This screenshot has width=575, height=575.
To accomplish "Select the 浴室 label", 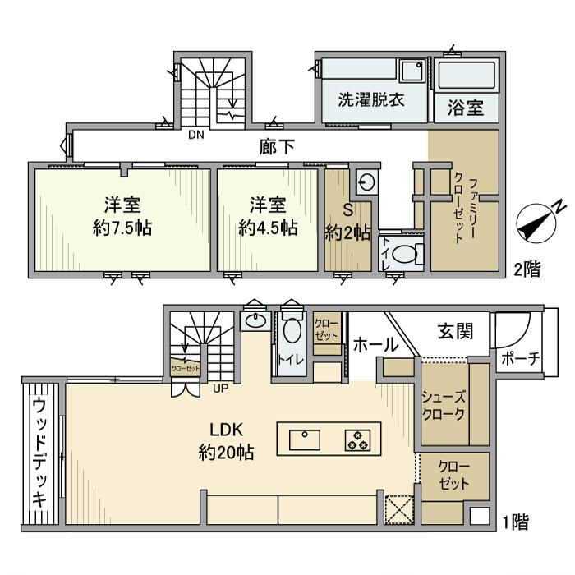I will coord(465,107).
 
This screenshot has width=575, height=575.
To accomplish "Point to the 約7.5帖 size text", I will coord(113,228).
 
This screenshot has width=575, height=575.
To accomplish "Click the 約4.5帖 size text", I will coord(268,228).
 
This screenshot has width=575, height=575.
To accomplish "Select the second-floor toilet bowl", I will coord(405,255).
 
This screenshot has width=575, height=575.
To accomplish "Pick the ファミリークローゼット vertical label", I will coord(465,202).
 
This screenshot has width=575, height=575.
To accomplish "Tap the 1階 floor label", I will coord(517,520).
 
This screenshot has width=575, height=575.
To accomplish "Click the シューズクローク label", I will coord(444,405).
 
